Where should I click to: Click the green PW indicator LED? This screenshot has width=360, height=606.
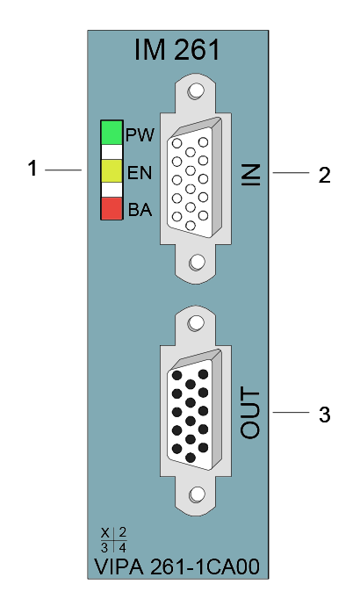pos(112,133)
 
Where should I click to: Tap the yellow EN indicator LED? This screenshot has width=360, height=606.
pos(112,171)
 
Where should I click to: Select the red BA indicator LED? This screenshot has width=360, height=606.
pos(112,209)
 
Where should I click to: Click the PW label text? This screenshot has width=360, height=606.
pos(140,135)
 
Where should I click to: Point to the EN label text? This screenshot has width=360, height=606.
pos(140,173)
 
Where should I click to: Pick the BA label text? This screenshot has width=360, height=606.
pos(140,210)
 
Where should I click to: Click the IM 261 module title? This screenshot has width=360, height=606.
pos(176,49)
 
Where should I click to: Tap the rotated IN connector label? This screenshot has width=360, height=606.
pos(251,175)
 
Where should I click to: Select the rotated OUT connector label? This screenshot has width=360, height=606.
pos(250,414)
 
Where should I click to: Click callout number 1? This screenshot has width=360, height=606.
pos(32,169)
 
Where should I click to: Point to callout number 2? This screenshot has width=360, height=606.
pos(325,175)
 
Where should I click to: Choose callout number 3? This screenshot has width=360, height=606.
pos(325,415)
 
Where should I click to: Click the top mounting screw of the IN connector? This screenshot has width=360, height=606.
pos(196,91)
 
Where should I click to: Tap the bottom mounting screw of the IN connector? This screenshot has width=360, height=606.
pos(197,263)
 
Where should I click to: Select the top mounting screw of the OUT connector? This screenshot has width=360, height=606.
pos(196,323)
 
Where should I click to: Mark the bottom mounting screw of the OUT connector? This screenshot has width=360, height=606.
pos(197,494)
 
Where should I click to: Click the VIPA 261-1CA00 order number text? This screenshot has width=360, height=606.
pos(176,567)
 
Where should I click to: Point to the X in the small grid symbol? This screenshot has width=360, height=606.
pos(105,533)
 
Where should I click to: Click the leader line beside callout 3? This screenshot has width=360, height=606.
pos(291,413)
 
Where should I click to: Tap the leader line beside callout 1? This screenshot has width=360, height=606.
pos(63,170)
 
